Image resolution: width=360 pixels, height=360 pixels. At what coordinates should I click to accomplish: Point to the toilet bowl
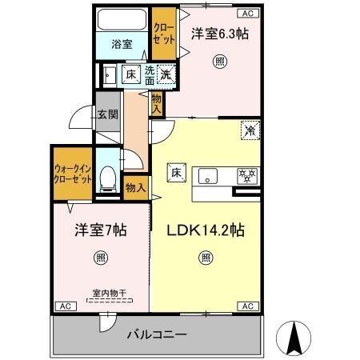tap(107, 178)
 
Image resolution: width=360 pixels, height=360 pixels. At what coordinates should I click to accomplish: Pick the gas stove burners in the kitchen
tap(244, 174)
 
